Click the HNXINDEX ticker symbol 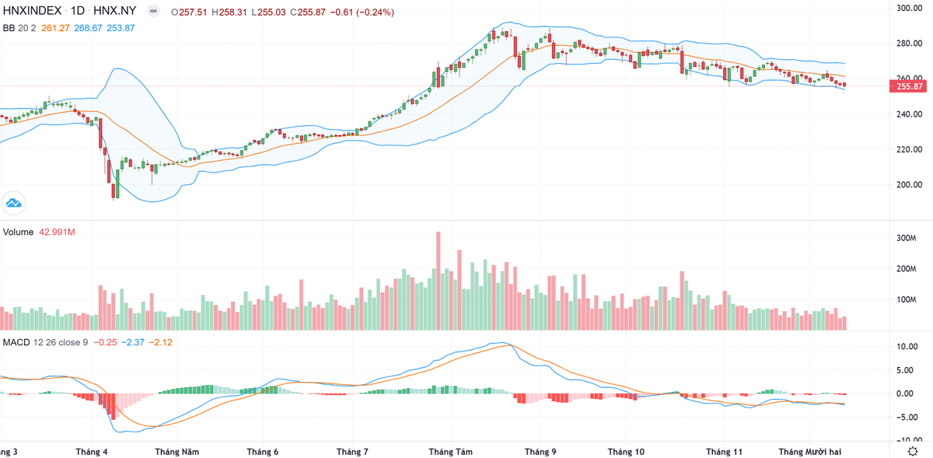(32, 12)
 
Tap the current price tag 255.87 (910, 86)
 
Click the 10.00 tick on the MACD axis (908, 347)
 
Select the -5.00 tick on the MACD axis (908, 417)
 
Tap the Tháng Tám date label (451, 451)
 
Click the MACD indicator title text (16, 342)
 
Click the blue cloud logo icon (13, 204)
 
